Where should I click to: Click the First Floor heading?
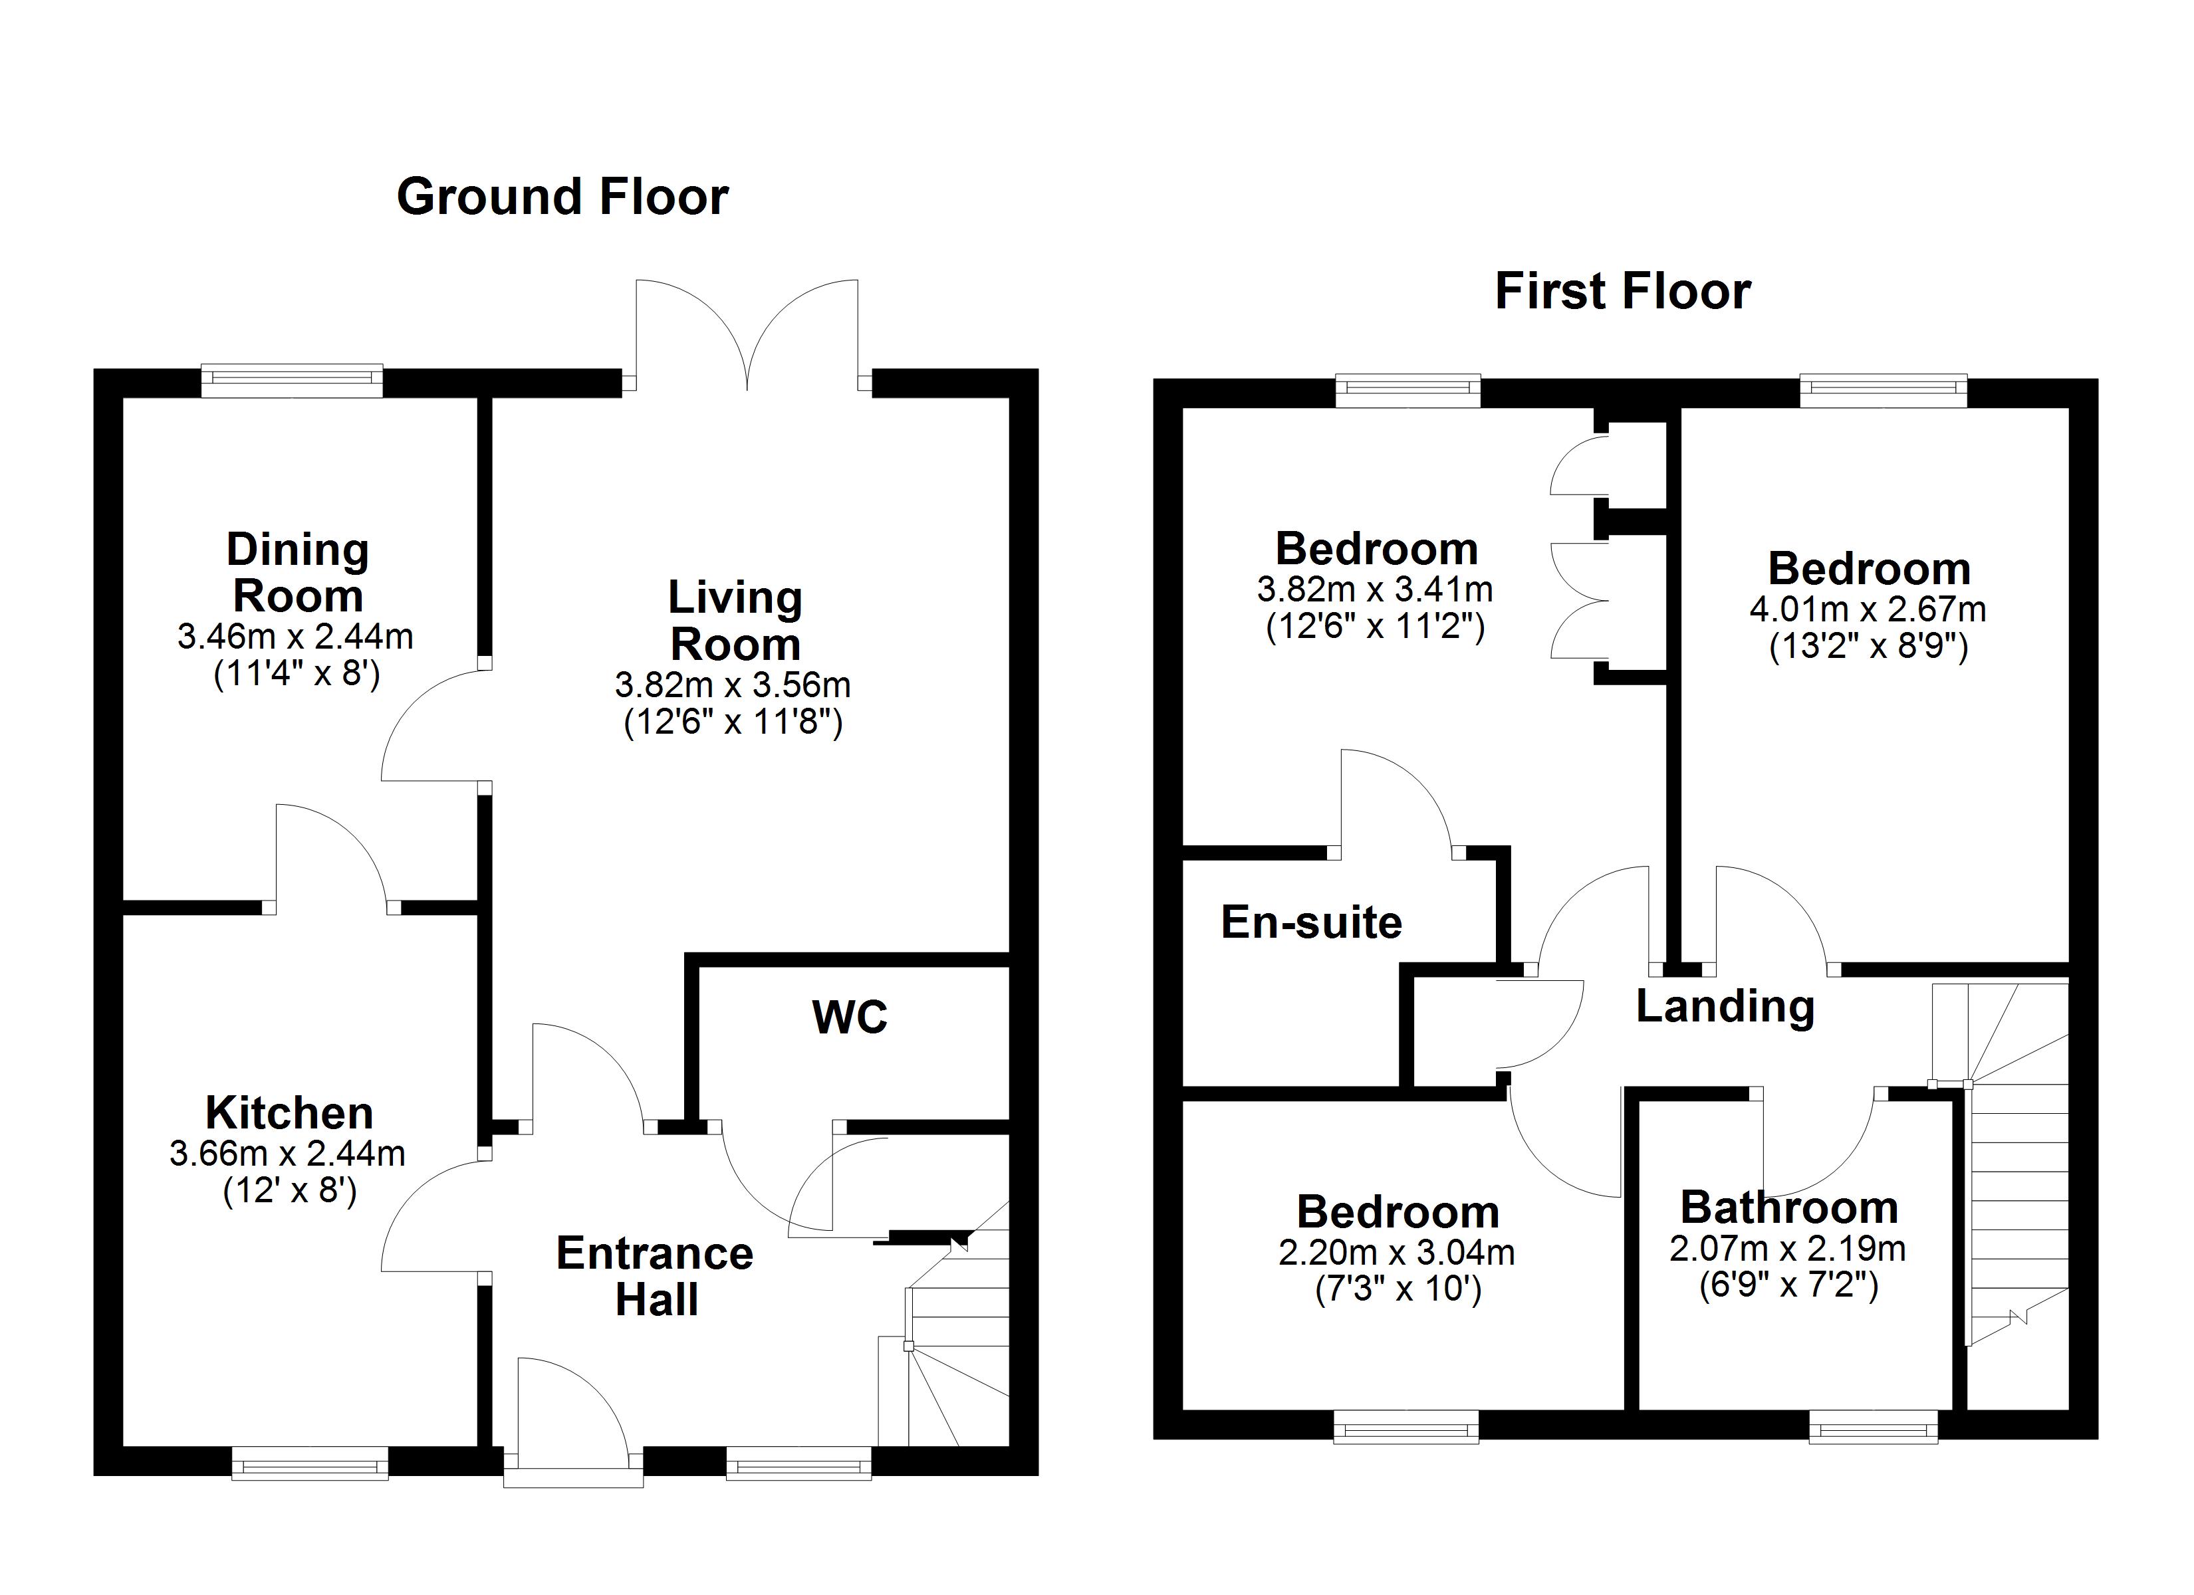[x=1622, y=291]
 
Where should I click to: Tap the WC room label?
[x=850, y=1017]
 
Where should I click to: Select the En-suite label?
[x=1311, y=922]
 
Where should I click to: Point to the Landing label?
[x=1725, y=1007]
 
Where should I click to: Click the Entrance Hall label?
[x=655, y=1276]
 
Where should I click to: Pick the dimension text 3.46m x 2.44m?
[x=295, y=637]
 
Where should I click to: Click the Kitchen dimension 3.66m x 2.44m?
[x=287, y=1153]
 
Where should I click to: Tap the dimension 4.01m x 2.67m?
[x=1867, y=609]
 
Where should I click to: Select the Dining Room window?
[x=292, y=380]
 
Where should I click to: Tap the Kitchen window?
[x=310, y=1463]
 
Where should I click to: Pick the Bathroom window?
[x=1873, y=1427]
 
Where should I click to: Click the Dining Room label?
[x=298, y=573]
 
